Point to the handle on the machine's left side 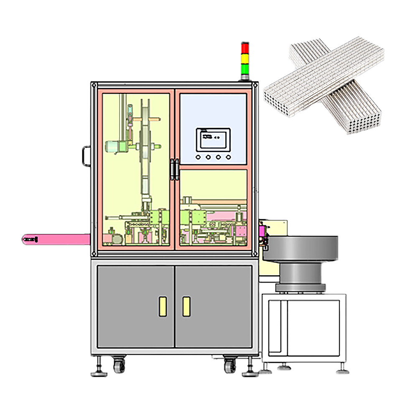[x=86, y=155]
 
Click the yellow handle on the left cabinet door [x=163, y=306]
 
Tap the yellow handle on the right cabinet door [x=186, y=306]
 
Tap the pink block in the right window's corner [x=241, y=230]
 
